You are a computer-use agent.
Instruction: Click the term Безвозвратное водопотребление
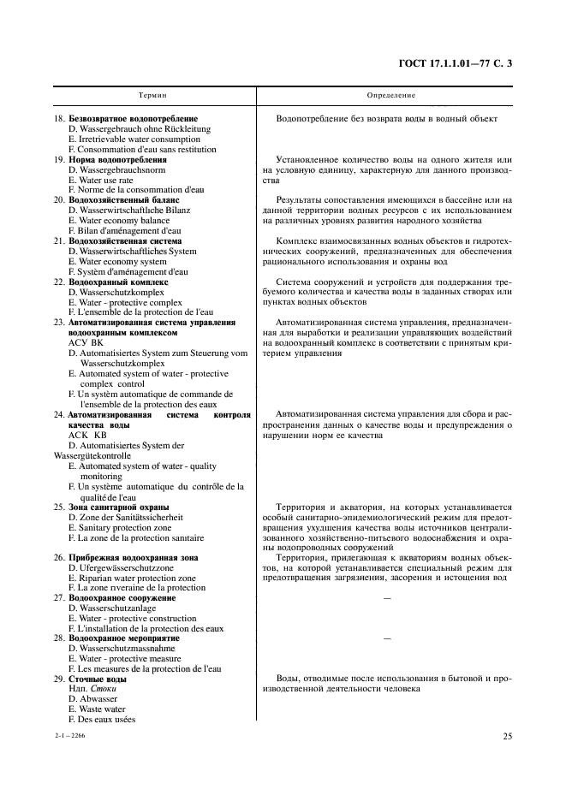(x=133, y=119)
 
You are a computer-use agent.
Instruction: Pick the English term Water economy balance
(x=122, y=220)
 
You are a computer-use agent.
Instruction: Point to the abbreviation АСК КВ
(x=87, y=435)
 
